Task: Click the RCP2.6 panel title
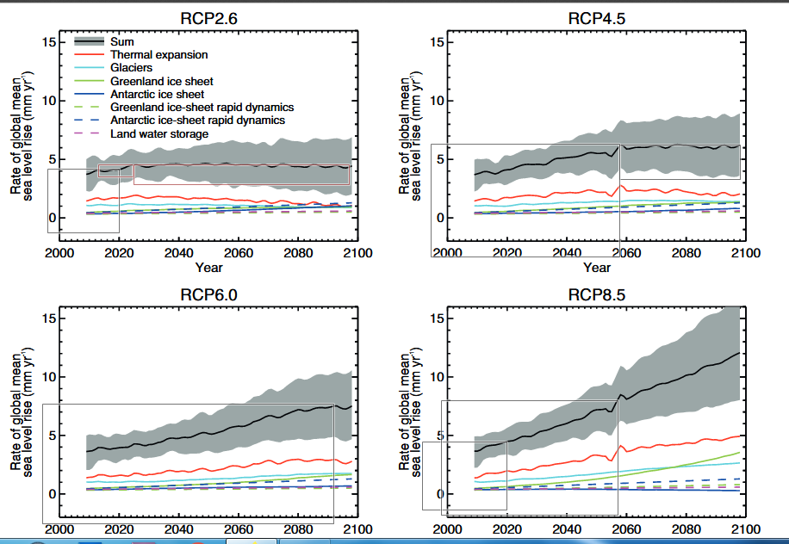[x=208, y=18]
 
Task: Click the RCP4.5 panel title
[x=596, y=18]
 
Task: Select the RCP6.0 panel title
[x=208, y=294]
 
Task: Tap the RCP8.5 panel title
[x=596, y=294]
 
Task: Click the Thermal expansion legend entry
[x=159, y=55]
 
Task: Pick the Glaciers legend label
[x=132, y=68]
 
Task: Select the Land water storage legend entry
[x=159, y=133]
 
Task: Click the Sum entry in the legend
[x=121, y=41]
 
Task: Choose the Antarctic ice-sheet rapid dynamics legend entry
[x=197, y=121]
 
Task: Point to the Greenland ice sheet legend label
[x=161, y=81]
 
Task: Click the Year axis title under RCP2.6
[x=208, y=268]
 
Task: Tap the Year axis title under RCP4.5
[x=596, y=268]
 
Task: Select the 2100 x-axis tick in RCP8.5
[x=745, y=529]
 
